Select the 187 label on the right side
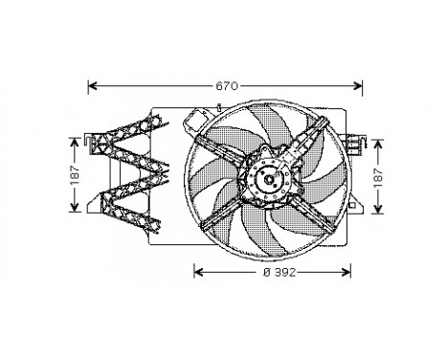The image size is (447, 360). (379, 175)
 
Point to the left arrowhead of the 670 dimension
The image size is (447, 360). (91, 85)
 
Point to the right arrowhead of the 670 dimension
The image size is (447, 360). (363, 85)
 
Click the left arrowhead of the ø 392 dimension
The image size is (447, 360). (198, 271)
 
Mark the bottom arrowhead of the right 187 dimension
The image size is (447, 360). (379, 211)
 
